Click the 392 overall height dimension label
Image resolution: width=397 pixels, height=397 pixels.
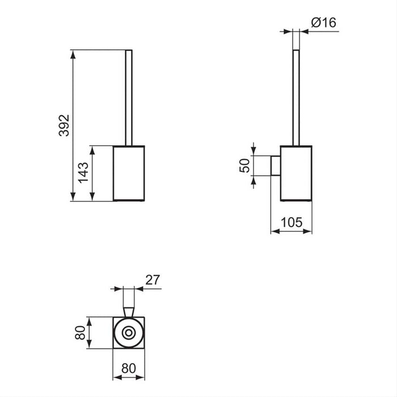tap(64, 125)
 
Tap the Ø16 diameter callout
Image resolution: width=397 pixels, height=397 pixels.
tap(324, 23)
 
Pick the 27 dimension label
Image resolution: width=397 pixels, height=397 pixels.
tap(153, 280)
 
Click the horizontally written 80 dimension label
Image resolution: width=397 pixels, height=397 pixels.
tap(129, 368)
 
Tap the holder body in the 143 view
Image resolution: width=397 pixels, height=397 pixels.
tap(129, 173)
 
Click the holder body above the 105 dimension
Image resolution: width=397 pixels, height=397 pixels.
tap(296, 173)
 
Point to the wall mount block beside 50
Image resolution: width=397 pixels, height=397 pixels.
tap(275, 165)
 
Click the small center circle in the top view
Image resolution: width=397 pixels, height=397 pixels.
tap(129, 333)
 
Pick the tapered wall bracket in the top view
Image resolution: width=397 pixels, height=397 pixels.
tap(129, 311)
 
